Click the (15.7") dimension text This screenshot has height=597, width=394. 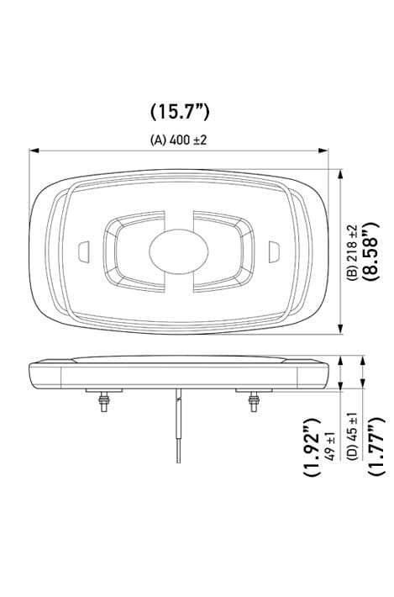click(179, 111)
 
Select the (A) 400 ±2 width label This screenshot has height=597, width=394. click(178, 140)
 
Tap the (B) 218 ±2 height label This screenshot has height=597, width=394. click(353, 251)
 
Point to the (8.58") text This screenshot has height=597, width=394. click(370, 250)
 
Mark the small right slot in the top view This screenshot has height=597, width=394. click(274, 251)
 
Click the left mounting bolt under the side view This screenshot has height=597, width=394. click(102, 404)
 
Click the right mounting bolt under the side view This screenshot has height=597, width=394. click(253, 404)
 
